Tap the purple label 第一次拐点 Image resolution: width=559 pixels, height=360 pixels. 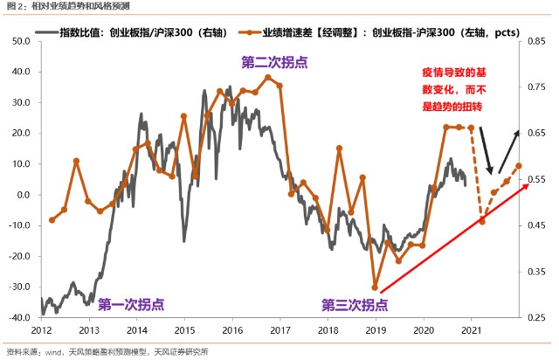(130, 305)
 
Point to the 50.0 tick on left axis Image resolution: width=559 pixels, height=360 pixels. (20, 40)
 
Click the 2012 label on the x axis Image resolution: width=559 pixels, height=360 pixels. (41, 331)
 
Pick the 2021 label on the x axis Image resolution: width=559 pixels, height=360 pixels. (471, 331)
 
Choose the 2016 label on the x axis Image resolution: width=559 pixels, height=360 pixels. (231, 331)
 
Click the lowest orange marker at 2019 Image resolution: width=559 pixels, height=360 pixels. (375, 287)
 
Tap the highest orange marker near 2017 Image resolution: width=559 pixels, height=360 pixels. (268, 77)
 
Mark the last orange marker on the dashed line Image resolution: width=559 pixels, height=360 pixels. (519, 165)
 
